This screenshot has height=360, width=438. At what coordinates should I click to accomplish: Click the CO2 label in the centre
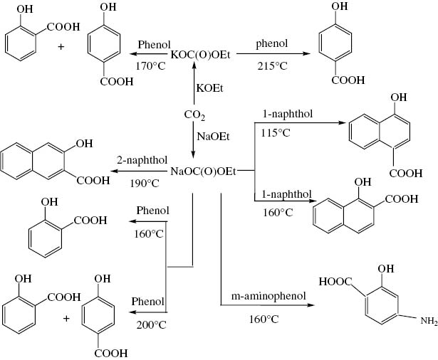194,115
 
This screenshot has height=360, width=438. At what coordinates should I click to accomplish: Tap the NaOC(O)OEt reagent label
203,171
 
